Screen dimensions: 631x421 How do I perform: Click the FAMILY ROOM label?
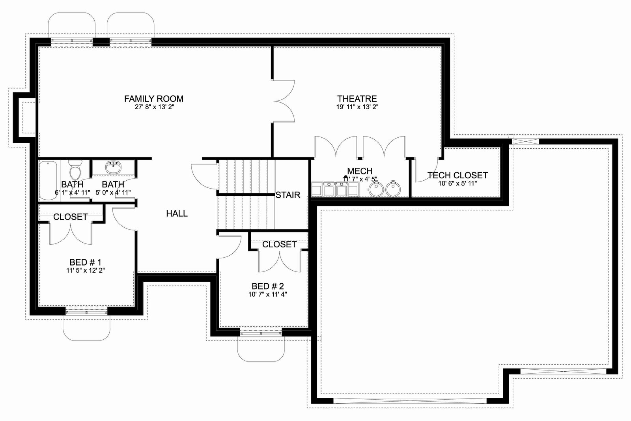[x=154, y=99]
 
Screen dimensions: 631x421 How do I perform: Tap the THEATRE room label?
[x=357, y=99]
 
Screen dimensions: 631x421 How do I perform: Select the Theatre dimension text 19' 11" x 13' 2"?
[x=357, y=107]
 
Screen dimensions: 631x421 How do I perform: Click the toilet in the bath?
[x=75, y=170]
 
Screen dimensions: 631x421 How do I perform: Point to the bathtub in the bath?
[x=48, y=180]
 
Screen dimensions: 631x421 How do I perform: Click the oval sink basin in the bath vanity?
[x=114, y=168]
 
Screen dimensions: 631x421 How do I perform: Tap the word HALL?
[x=177, y=213]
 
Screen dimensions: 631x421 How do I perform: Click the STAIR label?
[x=288, y=195]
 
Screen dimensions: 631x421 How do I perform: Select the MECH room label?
[x=360, y=171]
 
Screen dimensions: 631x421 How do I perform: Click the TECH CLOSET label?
[x=457, y=175]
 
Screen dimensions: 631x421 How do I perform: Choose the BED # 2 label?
[x=268, y=286]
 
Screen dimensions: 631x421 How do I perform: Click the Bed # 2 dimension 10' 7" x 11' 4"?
[x=268, y=294]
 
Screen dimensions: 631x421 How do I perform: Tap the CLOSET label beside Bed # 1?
[x=71, y=217]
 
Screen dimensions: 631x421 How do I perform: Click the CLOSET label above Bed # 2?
[x=280, y=244]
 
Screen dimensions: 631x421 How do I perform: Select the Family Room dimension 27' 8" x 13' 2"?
[x=155, y=107]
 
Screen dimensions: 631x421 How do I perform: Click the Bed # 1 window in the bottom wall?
[x=86, y=311]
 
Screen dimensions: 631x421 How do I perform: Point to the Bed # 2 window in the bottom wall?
[x=261, y=333]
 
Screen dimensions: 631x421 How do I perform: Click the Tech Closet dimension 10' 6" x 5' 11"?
[x=457, y=183]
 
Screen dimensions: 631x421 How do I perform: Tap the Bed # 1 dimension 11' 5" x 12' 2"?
[x=85, y=271]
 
